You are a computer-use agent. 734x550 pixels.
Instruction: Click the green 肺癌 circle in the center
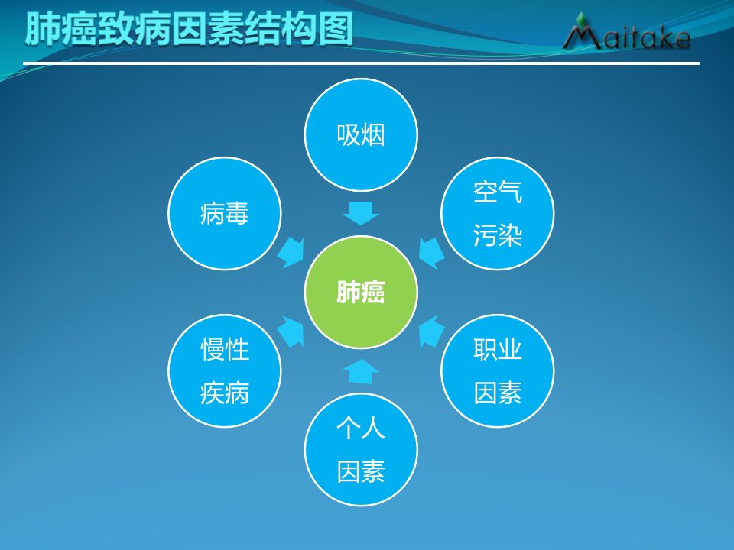click(x=360, y=292)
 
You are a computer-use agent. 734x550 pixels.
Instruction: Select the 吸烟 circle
click(x=360, y=134)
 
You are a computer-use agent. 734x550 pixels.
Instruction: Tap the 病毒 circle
click(x=225, y=213)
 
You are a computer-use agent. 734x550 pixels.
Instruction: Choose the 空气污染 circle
click(x=497, y=213)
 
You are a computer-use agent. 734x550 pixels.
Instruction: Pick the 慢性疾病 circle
click(x=225, y=370)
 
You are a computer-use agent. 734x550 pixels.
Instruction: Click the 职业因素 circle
click(x=497, y=370)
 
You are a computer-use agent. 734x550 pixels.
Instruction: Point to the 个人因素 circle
click(x=360, y=449)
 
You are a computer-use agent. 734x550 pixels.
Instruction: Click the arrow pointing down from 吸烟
click(x=360, y=213)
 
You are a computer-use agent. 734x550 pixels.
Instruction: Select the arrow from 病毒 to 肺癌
click(x=291, y=253)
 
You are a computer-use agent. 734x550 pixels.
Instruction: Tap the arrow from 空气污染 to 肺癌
click(x=430, y=253)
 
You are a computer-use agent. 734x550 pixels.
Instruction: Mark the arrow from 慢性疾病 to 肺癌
click(x=291, y=331)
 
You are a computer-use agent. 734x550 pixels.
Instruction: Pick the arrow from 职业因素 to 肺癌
click(x=430, y=331)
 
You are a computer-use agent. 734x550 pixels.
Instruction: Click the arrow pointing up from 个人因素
click(x=360, y=371)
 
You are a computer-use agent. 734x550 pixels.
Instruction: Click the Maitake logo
click(x=626, y=32)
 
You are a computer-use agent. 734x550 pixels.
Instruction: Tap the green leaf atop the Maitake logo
click(x=582, y=20)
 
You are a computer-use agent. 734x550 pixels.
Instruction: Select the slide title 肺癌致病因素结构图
click(x=189, y=29)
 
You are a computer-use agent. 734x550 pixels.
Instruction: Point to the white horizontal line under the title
click(x=361, y=63)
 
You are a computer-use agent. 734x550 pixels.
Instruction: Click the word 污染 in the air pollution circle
click(x=497, y=235)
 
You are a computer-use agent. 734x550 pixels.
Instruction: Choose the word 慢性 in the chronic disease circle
click(x=225, y=349)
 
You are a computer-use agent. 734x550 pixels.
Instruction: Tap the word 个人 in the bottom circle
click(x=360, y=428)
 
